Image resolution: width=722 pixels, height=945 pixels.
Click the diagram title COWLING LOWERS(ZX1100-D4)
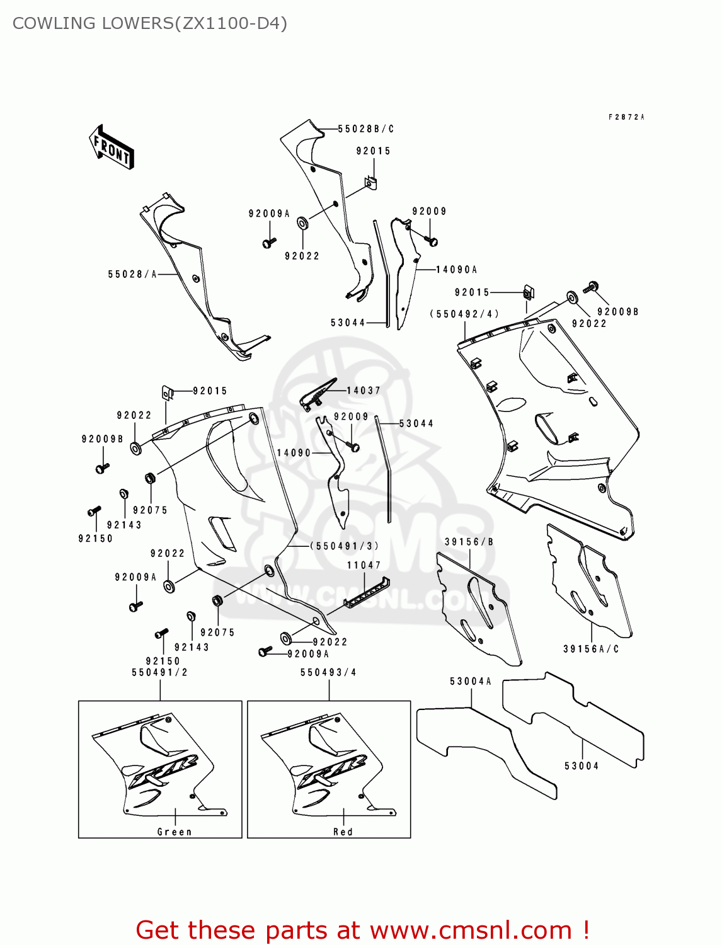point(150,23)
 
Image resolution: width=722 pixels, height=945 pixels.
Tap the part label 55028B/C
point(365,129)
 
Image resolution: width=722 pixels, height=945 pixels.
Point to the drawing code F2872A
point(626,117)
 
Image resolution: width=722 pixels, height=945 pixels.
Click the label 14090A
point(457,270)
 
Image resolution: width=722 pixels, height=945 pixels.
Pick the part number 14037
point(364,391)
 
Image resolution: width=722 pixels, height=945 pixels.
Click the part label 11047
point(364,565)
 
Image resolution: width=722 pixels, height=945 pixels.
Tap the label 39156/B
point(469,542)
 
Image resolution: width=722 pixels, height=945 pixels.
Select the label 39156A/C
point(591,649)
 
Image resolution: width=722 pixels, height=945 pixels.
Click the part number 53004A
point(471,681)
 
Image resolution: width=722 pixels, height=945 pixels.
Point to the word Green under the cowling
point(175,832)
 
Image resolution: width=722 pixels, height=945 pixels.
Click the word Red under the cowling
point(343,832)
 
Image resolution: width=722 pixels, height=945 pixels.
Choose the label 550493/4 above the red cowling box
point(328,672)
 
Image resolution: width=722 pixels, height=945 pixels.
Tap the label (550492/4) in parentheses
point(465,314)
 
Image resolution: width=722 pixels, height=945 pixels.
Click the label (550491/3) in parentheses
point(345,546)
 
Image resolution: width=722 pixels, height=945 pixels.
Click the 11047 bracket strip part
point(367,593)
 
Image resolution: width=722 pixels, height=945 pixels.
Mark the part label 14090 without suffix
point(294,453)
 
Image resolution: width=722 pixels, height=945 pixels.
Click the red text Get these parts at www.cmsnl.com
point(362,930)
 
